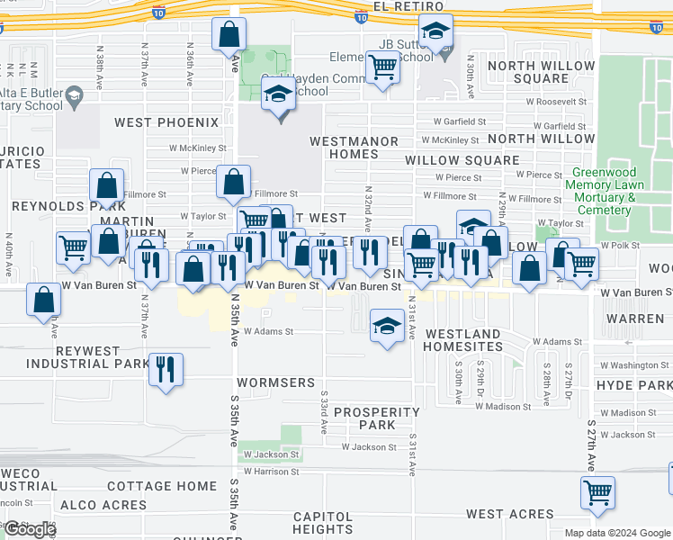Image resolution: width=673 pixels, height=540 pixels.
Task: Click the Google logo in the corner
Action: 29,529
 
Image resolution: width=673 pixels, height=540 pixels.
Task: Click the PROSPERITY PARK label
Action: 377,418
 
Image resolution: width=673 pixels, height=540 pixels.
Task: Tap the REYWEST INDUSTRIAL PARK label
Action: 87,357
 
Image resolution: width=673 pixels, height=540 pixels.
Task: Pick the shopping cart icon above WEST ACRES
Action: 597,492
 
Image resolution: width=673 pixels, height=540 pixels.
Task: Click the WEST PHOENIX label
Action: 166,121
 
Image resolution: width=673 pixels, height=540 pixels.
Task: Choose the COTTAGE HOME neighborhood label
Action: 162,486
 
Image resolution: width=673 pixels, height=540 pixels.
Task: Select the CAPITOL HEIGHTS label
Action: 322,523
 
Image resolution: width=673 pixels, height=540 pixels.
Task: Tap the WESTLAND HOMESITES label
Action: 462,340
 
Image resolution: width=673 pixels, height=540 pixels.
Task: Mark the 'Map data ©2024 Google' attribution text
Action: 618,533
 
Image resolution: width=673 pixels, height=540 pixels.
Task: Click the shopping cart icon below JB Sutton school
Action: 383,67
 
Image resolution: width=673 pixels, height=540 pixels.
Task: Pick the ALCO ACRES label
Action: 104,506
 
